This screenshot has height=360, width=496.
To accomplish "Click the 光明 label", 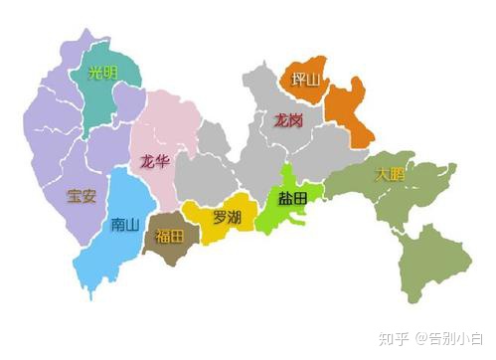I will click(x=102, y=72).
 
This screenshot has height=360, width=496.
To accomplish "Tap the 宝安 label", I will click(x=82, y=195).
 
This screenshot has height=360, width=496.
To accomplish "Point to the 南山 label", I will click(x=126, y=224).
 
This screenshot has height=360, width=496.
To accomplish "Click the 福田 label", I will click(x=170, y=236).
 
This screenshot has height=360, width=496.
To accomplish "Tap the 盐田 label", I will click(x=293, y=199).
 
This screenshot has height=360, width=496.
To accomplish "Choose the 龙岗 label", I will click(x=289, y=120).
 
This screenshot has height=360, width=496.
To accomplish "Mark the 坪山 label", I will click(x=305, y=80).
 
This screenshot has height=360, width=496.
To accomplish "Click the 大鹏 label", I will click(x=391, y=174).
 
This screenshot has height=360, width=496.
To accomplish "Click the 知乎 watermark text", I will click(x=396, y=339).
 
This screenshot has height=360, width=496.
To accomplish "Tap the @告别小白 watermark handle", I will click(x=452, y=339).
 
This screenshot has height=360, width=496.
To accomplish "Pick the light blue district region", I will click(x=114, y=254).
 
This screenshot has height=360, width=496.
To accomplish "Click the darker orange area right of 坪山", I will click(x=350, y=114).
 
